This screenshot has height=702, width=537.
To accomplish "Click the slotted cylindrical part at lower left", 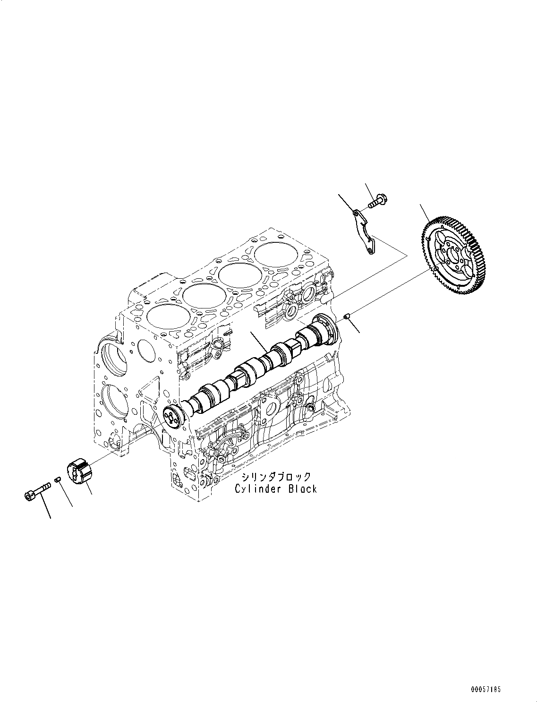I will click(82, 473).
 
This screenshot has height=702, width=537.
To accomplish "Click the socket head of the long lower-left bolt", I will click(29, 495).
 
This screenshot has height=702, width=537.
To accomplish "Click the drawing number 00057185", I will click(485, 690).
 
